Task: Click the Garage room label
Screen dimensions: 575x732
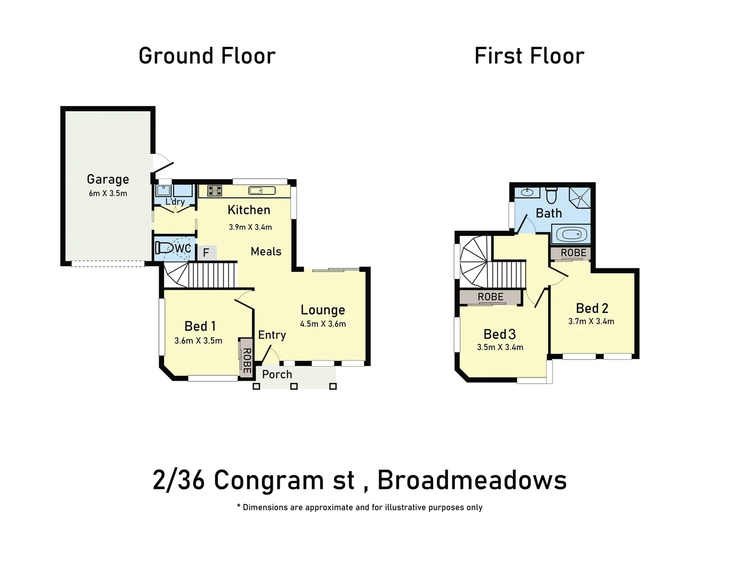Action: click(108, 179)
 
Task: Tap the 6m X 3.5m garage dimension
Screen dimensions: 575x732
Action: click(108, 194)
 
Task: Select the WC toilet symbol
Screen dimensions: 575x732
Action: click(165, 248)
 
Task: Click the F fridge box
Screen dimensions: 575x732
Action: click(206, 253)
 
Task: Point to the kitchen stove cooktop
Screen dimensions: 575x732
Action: click(215, 190)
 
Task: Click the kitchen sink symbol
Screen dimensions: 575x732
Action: click(262, 191)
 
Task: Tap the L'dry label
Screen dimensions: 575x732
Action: click(175, 202)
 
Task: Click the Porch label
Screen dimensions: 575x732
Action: click(277, 374)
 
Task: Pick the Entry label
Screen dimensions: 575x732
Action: click(272, 335)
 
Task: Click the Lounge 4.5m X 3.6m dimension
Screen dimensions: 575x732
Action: click(323, 324)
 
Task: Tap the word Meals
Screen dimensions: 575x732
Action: click(266, 251)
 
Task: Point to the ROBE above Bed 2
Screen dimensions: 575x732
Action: click(573, 253)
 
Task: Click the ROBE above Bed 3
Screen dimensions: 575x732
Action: click(490, 297)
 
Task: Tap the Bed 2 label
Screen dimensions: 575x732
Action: click(592, 308)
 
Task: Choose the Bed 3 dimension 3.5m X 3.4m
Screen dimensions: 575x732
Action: click(500, 348)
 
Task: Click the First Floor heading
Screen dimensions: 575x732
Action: click(529, 56)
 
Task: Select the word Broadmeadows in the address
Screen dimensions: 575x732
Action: click(472, 480)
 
